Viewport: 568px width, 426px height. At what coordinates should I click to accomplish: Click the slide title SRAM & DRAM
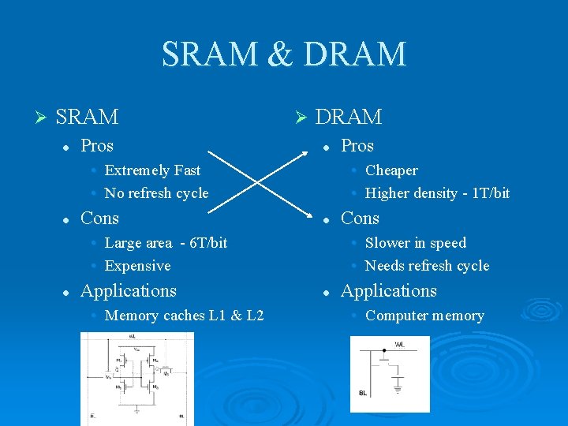point(284,54)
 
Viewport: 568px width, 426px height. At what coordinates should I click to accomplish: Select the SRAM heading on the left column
point(88,118)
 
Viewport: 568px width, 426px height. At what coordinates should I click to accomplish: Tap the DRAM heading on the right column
point(348,118)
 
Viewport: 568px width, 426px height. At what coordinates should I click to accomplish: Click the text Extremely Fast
point(152,170)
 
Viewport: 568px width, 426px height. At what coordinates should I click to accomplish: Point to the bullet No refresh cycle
point(156,193)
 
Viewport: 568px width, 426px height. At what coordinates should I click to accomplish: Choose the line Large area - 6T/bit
point(166,243)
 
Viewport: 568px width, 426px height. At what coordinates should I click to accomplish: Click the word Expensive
point(137,266)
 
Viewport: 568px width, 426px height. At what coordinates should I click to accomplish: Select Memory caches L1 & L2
point(184,316)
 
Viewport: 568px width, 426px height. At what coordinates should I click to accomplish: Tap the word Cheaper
point(391,170)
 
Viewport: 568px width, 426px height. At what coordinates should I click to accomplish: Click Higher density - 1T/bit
point(437,193)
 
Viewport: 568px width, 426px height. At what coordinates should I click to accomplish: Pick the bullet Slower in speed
point(415,243)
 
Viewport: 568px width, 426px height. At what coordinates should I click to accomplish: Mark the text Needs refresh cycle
point(427,266)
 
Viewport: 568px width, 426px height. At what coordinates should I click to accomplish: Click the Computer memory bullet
point(424,316)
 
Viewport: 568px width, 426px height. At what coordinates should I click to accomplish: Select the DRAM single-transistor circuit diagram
point(390,374)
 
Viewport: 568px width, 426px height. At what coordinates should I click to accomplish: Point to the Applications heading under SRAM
point(129,291)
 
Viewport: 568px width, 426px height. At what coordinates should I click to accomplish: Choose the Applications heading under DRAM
point(388,291)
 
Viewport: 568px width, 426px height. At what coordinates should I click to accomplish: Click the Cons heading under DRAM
point(360,219)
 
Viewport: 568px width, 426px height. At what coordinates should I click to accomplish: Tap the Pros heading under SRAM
point(97,146)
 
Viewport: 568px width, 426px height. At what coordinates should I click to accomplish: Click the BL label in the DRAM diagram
point(362,393)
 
